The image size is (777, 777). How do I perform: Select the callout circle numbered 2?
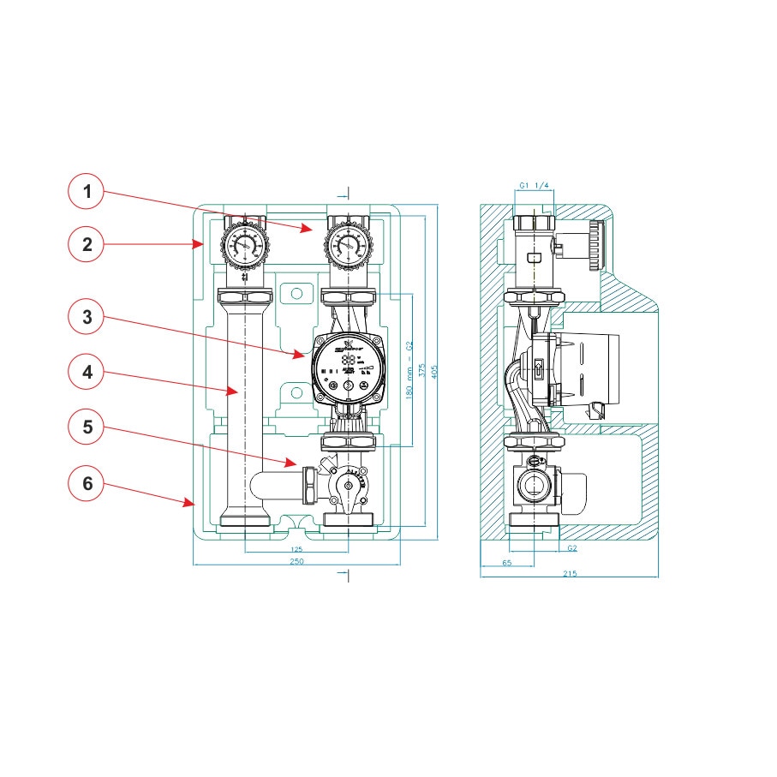coord(87,244)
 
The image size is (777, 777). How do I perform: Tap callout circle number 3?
coord(87,318)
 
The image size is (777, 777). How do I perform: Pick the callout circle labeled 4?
coord(87,373)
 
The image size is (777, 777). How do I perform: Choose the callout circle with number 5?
coord(87,425)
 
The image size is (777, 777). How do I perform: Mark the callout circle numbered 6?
coord(87,483)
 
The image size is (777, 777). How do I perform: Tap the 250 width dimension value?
coord(296,561)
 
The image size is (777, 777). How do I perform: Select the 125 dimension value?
coord(296,548)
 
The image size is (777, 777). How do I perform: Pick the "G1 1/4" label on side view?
coord(535,185)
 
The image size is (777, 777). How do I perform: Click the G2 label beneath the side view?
coord(571,547)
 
